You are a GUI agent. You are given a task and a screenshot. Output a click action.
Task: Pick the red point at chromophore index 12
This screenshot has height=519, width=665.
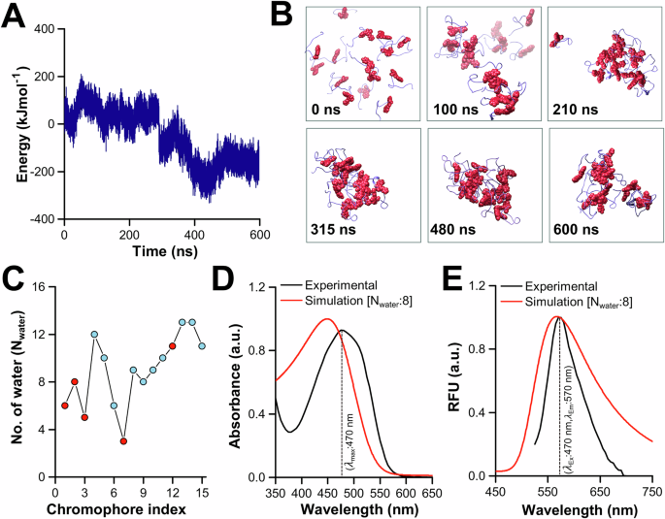pos(173,345)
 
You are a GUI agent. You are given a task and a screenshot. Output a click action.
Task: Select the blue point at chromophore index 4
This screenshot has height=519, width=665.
pos(94,335)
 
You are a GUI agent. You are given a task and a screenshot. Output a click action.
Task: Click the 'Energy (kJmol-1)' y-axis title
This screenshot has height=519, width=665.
pos(20,122)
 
